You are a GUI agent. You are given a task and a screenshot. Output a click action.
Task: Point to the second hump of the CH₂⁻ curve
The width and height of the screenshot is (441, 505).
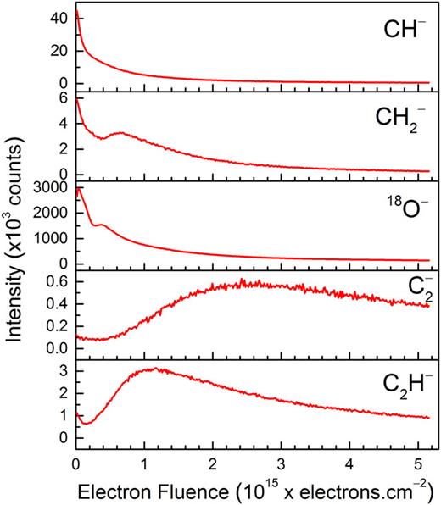pos(121,133)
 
